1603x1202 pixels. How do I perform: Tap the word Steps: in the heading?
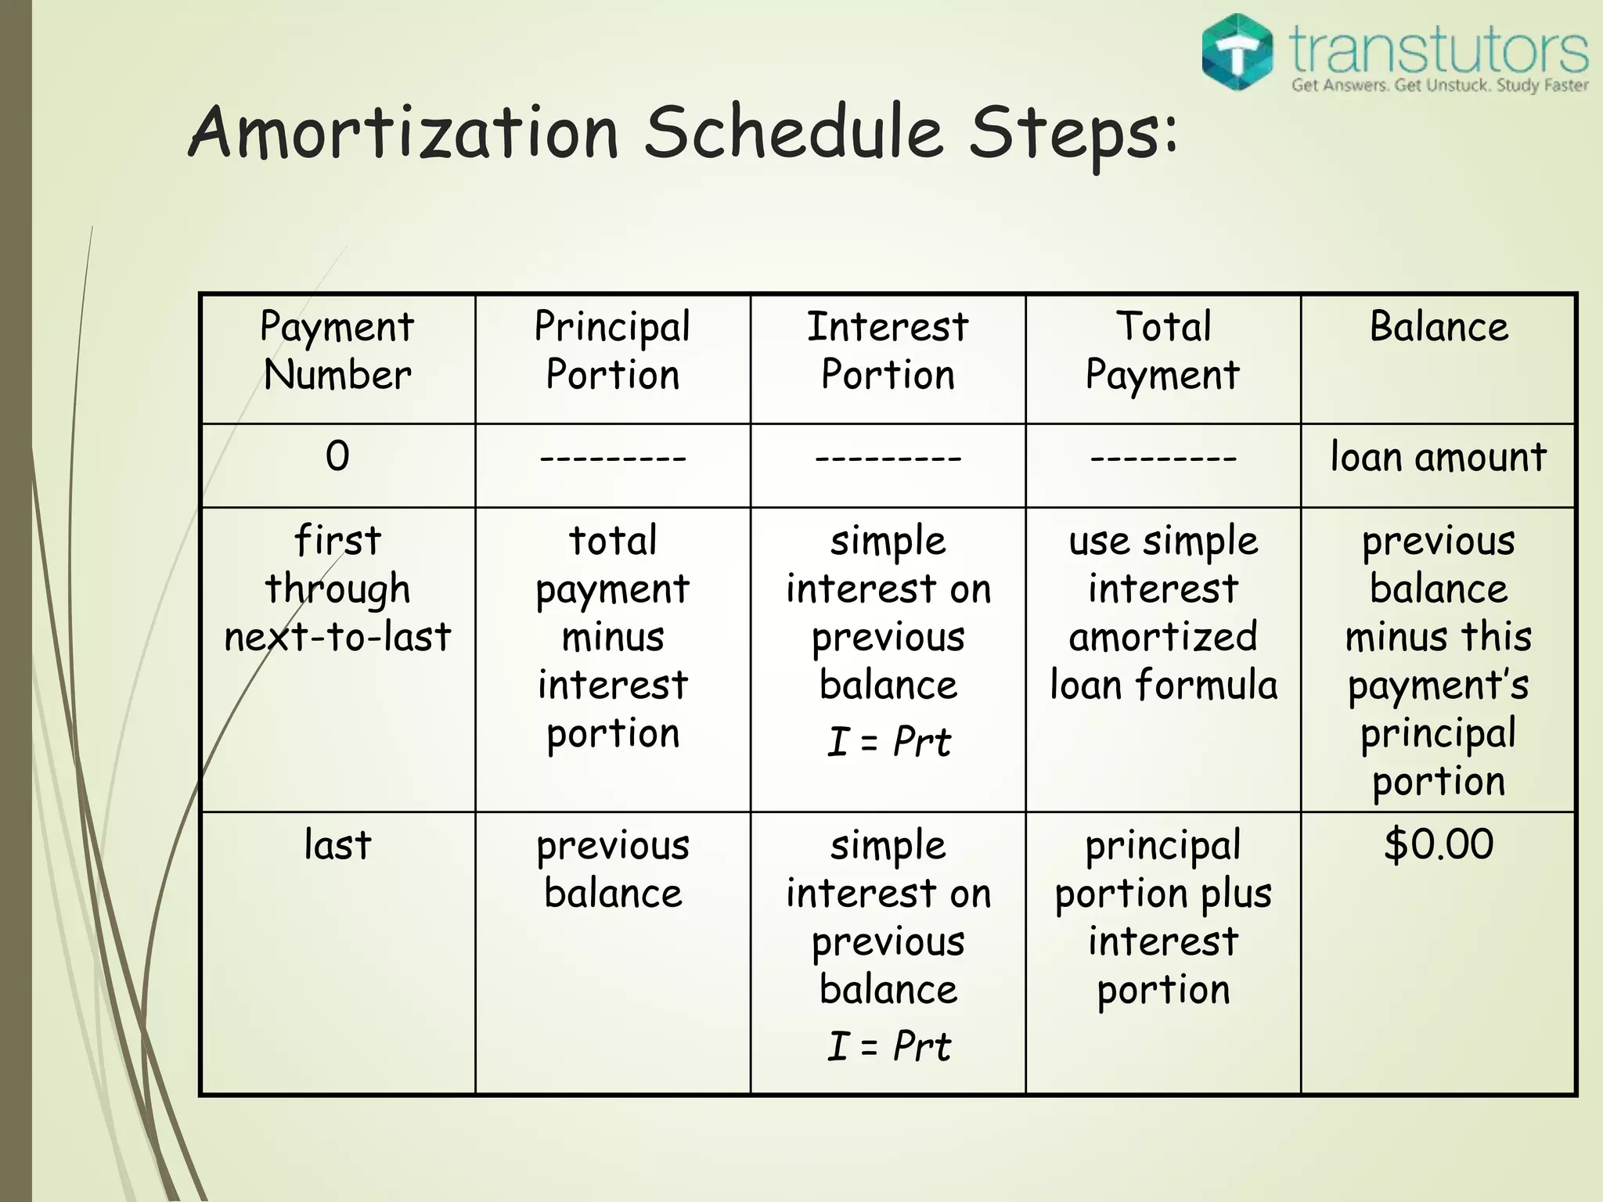tap(1072, 133)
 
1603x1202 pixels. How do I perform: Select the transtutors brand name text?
tap(1439, 49)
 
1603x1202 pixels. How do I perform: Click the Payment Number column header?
tap(337, 350)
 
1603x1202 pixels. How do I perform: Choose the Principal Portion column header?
tap(613, 350)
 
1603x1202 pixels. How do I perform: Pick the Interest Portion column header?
tap(888, 350)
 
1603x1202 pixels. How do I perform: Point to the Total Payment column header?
tap(1163, 350)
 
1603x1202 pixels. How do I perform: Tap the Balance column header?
tap(1439, 326)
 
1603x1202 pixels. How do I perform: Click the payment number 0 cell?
tap(337, 456)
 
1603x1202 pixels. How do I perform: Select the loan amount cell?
tap(1439, 457)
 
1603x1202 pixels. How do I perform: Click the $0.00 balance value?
tap(1439, 844)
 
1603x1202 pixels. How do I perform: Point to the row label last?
tap(337, 845)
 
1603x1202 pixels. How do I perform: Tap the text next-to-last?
tap(337, 636)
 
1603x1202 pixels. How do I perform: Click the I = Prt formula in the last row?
tap(888, 1045)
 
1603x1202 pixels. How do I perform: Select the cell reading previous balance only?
tap(613, 869)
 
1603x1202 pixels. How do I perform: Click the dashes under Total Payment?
tap(1163, 457)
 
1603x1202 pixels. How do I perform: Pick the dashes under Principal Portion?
tap(613, 457)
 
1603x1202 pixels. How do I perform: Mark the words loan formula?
tap(1163, 685)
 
